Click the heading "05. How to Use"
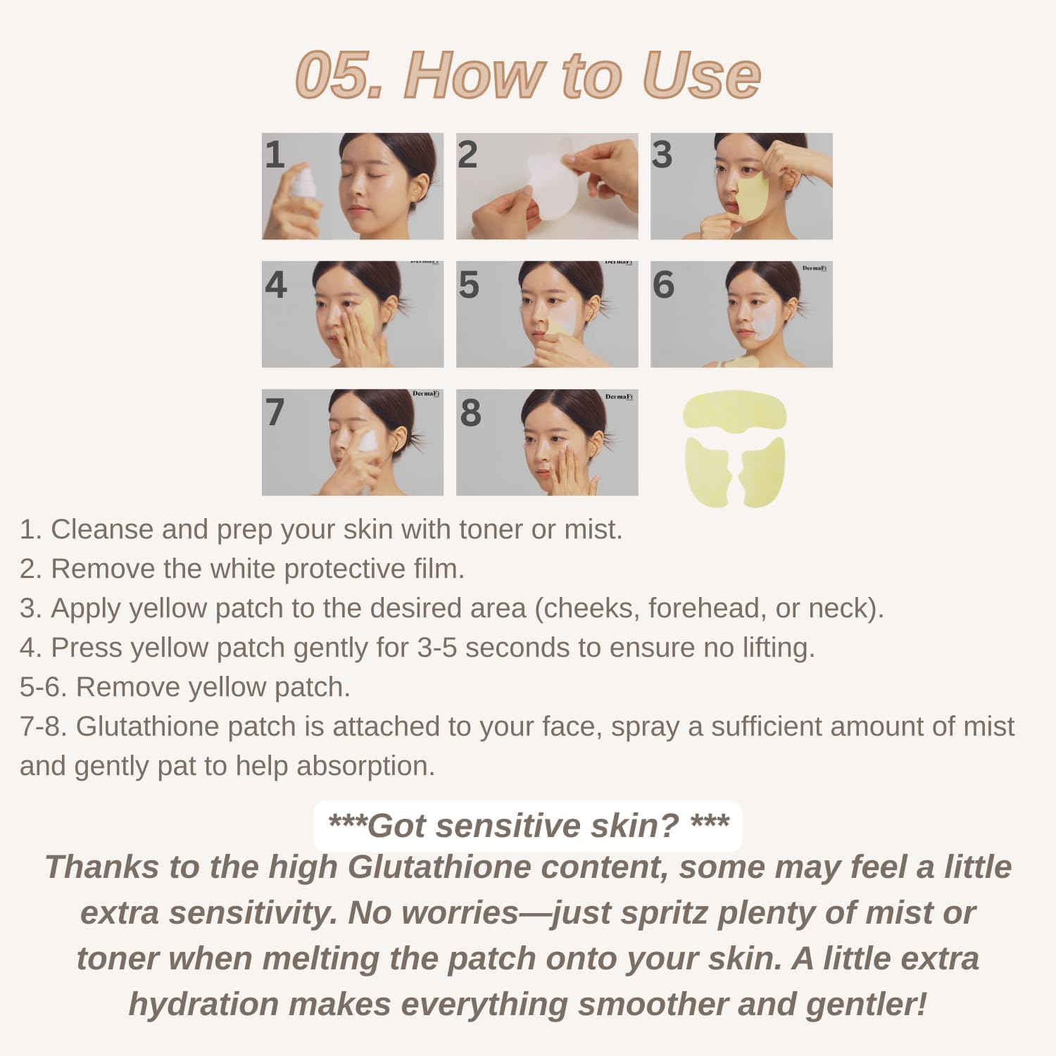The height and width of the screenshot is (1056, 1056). point(528,75)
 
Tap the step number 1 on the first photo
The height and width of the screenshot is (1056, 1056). point(275,155)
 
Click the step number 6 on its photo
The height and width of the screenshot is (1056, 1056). point(663,284)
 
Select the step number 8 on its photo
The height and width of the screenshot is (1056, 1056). point(470,413)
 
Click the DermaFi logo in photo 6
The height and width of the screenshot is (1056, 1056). point(814,268)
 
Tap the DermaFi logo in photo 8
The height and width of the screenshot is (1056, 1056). point(619,397)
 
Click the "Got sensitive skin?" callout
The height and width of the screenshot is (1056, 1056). point(528,826)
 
